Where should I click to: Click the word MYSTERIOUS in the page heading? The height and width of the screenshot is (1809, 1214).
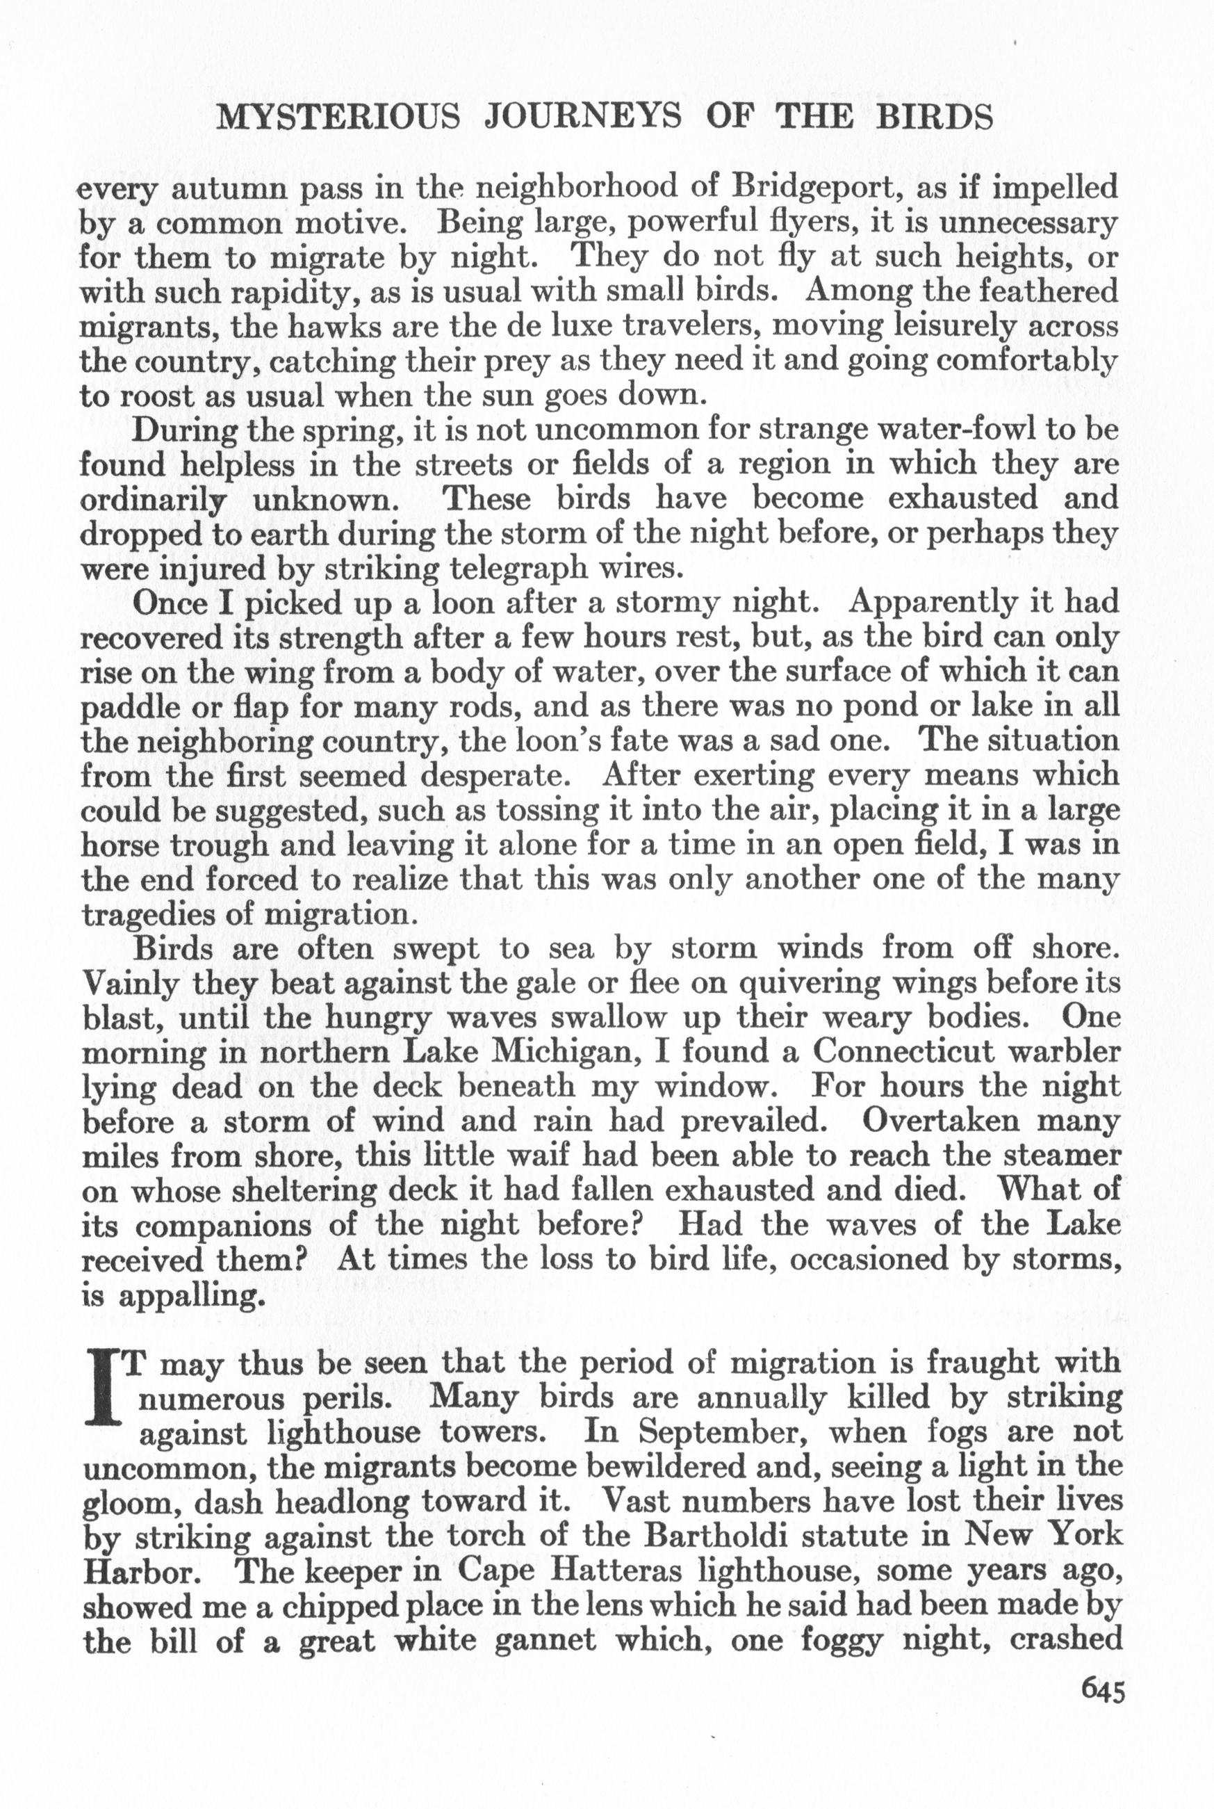(x=338, y=117)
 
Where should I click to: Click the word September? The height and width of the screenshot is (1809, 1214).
(x=711, y=1433)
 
